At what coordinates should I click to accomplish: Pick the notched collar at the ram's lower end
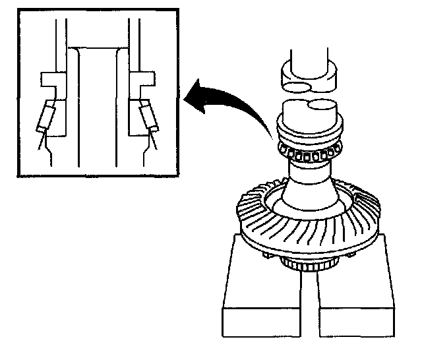tap(307, 74)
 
